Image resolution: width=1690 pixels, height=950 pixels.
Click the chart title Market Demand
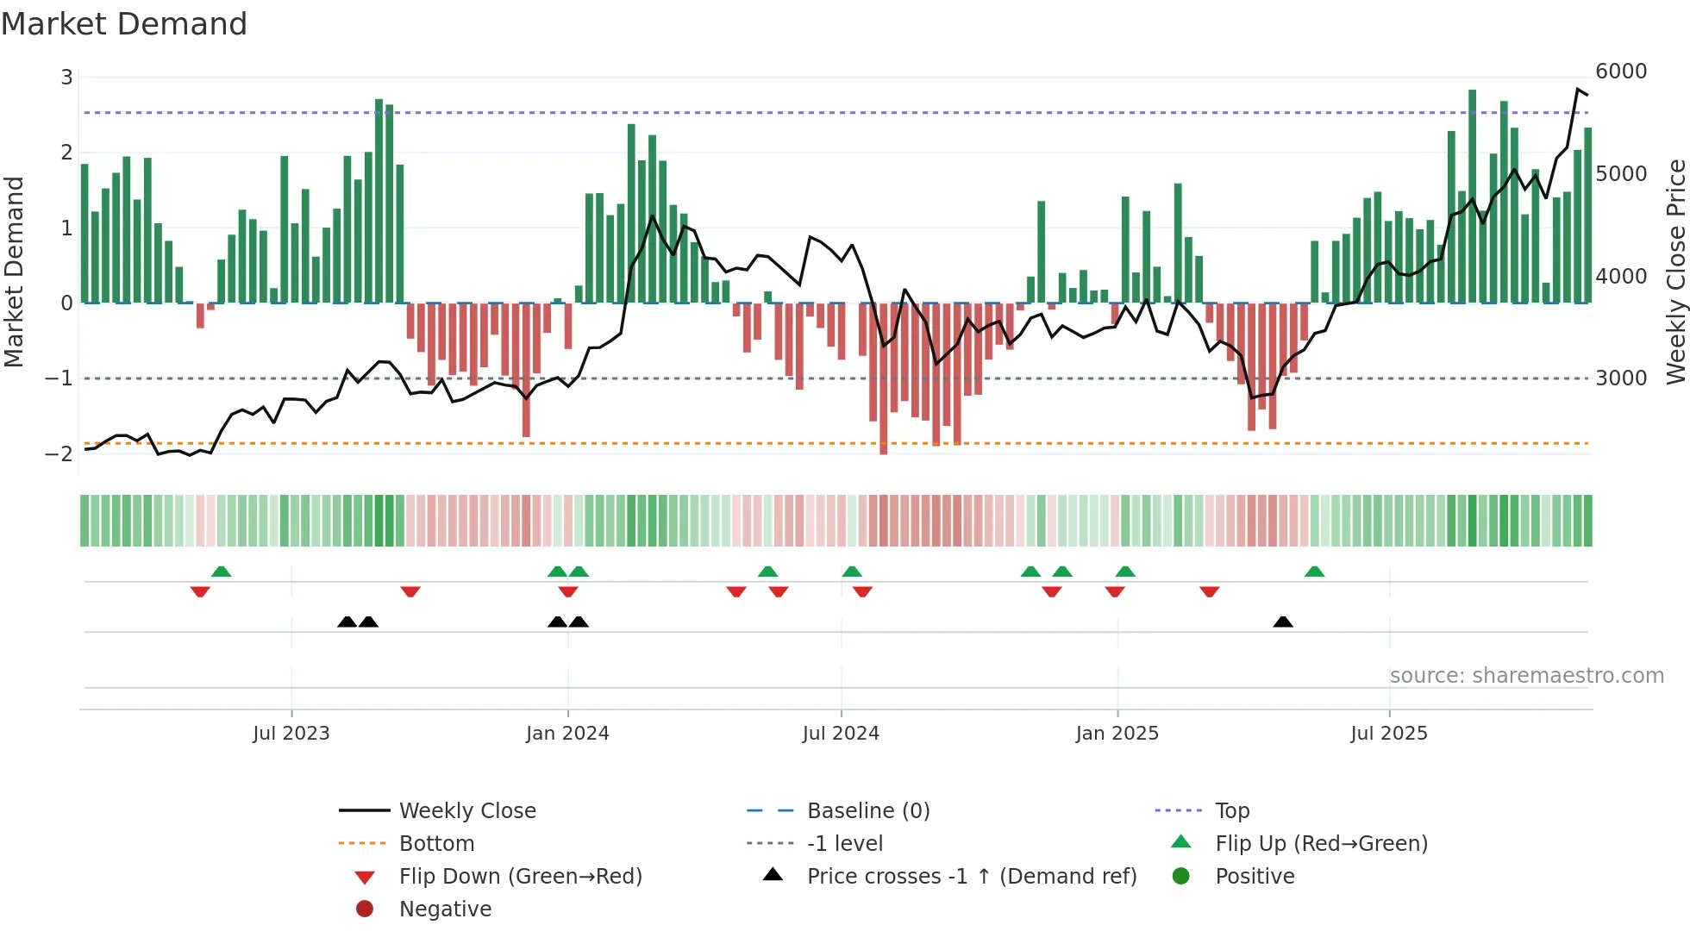click(124, 24)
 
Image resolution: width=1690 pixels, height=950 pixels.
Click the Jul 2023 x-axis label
click(291, 734)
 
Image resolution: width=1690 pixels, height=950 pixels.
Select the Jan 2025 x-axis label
click(1117, 734)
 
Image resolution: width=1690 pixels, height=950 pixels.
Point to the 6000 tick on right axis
click(1621, 72)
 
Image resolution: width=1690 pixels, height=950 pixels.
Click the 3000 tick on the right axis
click(1621, 378)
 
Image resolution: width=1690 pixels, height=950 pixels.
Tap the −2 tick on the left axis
click(59, 453)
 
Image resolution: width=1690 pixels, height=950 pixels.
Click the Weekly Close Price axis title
click(1675, 272)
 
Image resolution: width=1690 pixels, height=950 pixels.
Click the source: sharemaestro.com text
click(1526, 676)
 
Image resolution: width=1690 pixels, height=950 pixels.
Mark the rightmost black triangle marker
click(1283, 622)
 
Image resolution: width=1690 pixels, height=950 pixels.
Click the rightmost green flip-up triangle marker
click(1314, 572)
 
